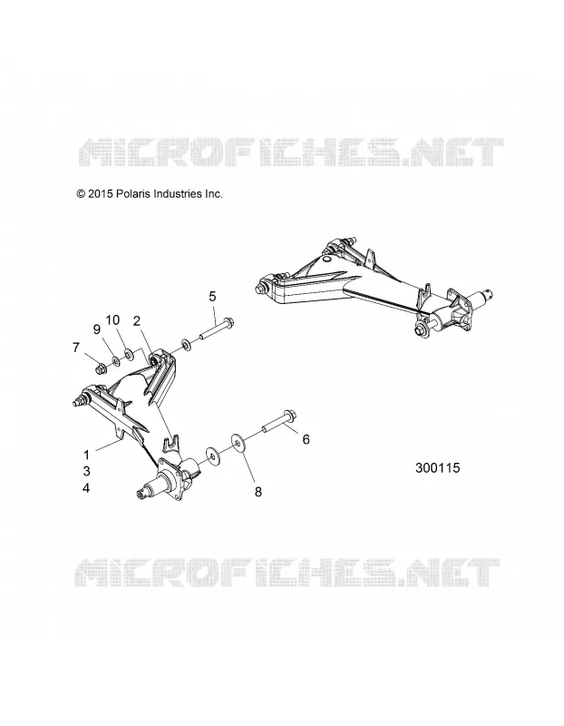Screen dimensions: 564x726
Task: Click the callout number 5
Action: [x=212, y=297]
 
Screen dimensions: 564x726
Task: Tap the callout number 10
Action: [x=112, y=320]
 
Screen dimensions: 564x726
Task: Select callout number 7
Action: [x=76, y=348]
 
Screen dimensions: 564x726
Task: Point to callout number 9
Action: [x=97, y=329]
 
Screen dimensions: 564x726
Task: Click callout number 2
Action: [x=137, y=321]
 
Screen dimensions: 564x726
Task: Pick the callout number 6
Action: [x=306, y=439]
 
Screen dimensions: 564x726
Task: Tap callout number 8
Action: [x=258, y=492]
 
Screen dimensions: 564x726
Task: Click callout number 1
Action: [x=86, y=455]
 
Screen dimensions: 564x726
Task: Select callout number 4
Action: [x=86, y=488]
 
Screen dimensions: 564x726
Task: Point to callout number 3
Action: [x=86, y=471]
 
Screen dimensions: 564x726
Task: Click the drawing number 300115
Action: [x=438, y=468]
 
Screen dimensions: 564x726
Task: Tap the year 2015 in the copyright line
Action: [x=101, y=194]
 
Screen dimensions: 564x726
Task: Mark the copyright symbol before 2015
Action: [x=81, y=194]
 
